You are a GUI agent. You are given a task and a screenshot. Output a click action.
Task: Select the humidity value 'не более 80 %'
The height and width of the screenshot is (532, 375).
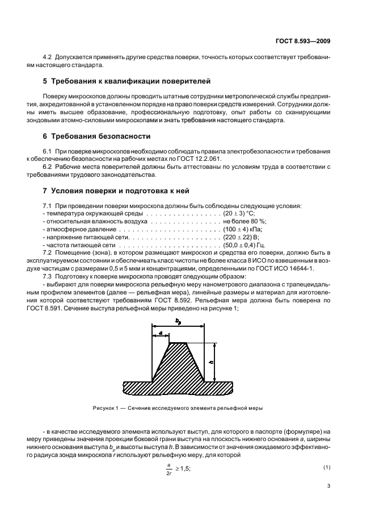245,221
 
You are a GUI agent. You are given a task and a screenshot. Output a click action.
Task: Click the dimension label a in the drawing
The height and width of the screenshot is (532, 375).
161,333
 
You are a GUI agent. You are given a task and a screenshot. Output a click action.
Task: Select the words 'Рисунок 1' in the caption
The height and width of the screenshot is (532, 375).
106,408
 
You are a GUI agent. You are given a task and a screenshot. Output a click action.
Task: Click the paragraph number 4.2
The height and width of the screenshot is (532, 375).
48,57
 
